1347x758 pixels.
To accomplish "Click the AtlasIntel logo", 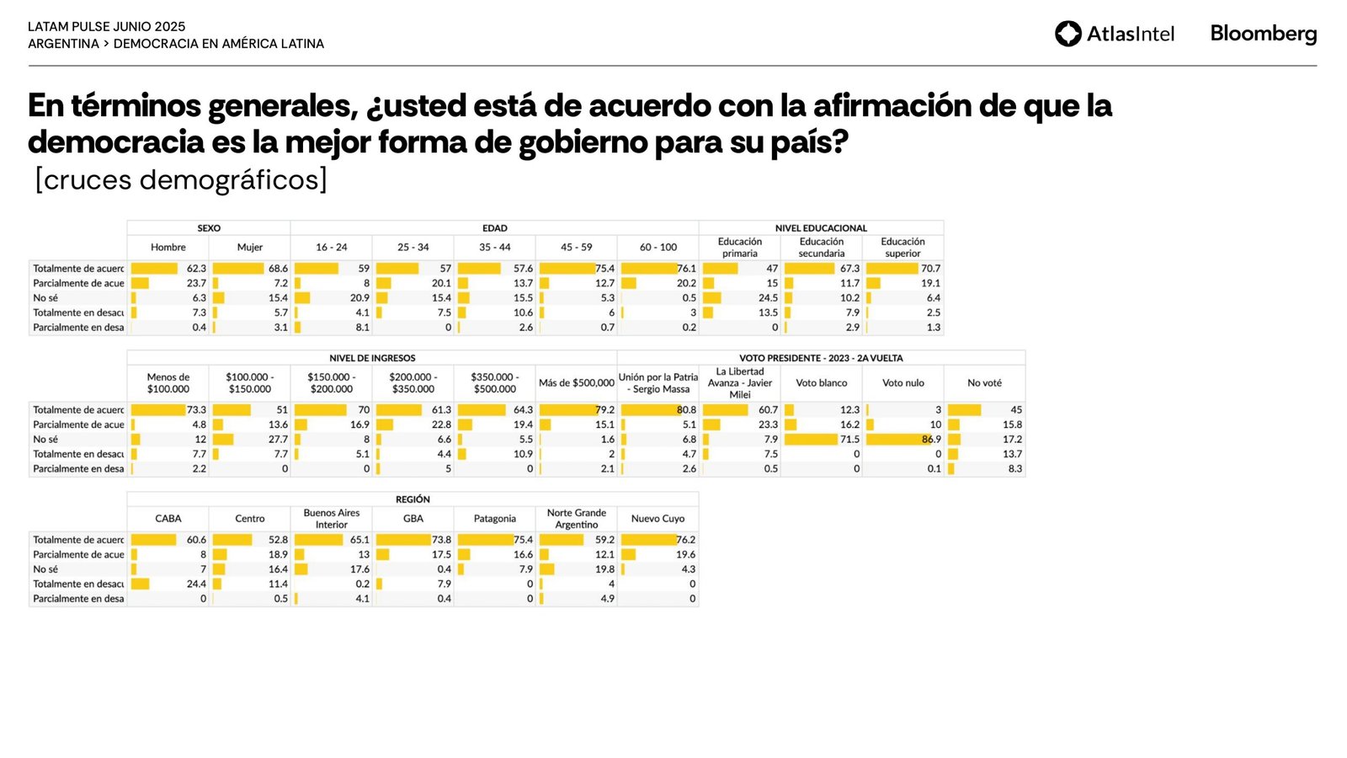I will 1114,34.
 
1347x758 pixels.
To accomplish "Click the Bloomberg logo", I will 1263,34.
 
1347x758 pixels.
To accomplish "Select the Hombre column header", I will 168,248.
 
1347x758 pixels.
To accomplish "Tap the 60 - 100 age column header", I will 658,248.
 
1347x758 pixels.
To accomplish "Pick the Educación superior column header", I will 903,248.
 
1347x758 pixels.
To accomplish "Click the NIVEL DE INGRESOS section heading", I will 372,358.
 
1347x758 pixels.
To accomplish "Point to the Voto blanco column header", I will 822,383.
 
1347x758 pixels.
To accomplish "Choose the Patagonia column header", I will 495,519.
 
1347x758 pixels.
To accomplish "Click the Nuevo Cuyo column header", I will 658,519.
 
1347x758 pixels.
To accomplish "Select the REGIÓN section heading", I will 413,499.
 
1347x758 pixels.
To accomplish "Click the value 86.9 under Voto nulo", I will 931,440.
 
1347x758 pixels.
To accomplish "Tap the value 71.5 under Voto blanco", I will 849,440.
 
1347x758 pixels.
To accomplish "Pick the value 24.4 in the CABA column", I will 196,585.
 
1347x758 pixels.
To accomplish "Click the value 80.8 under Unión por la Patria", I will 686,410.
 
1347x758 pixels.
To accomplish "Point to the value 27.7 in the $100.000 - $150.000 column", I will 278,440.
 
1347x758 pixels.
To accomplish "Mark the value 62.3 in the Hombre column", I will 196,269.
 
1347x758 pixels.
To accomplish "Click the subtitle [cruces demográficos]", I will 181,179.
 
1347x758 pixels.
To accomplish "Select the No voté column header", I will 984,383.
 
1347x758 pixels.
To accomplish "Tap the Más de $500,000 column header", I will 577,383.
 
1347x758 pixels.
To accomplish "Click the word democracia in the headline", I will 116,142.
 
